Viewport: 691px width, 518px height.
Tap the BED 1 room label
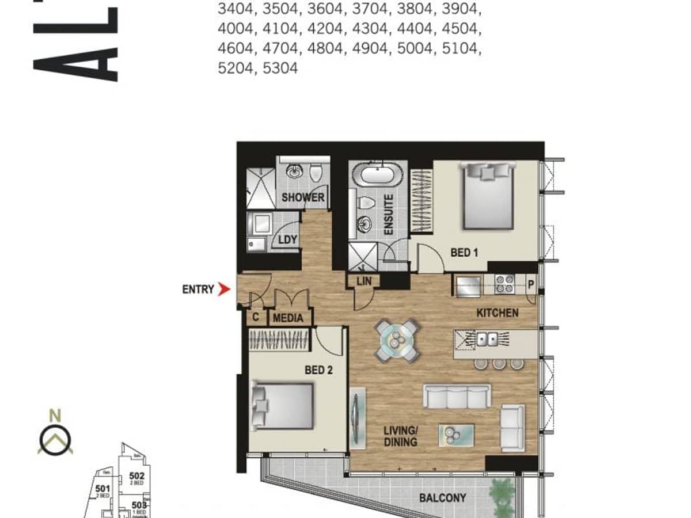click(x=464, y=252)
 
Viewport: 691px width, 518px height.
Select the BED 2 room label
click(x=318, y=370)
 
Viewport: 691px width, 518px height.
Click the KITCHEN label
click(x=498, y=313)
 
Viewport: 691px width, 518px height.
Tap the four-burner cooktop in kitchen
click(x=505, y=285)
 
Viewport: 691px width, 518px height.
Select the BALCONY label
click(x=442, y=498)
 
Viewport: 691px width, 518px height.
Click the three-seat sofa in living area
click(x=457, y=396)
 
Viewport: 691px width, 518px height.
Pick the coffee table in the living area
click(x=456, y=435)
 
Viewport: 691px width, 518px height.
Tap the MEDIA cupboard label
click(x=288, y=318)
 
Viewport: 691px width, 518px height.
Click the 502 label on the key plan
click(x=136, y=476)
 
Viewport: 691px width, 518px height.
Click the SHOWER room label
click(x=303, y=197)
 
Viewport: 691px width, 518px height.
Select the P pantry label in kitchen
click(x=531, y=284)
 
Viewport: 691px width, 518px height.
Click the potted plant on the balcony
click(x=502, y=496)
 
